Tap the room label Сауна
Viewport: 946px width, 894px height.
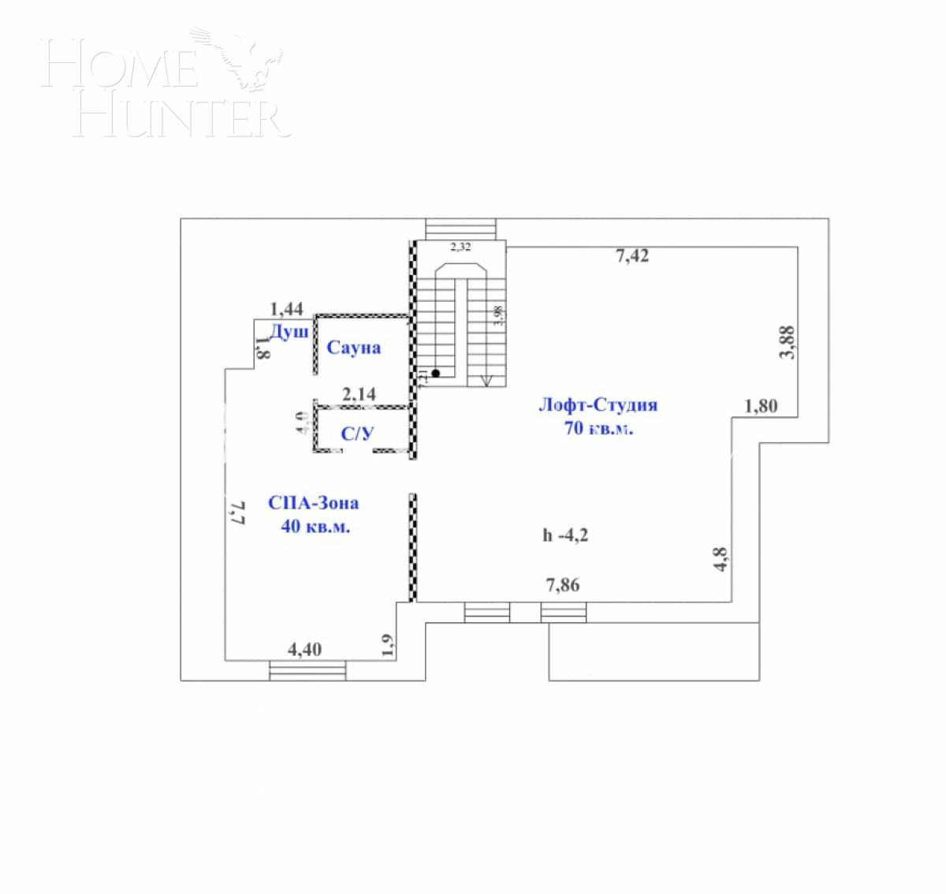coord(353,348)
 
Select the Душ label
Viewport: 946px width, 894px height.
coord(289,333)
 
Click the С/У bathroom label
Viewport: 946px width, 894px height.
coord(357,433)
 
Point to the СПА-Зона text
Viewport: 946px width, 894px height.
coord(313,503)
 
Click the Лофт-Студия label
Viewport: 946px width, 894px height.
coord(598,405)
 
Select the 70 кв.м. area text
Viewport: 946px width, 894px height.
coord(598,429)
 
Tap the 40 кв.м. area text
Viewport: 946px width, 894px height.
coord(315,527)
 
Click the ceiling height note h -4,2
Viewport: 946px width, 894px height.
coord(565,535)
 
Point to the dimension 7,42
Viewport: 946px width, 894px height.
coord(631,255)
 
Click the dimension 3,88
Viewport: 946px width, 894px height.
coord(787,343)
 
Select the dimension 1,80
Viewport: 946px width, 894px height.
coord(761,407)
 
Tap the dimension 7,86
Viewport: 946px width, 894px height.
coord(563,585)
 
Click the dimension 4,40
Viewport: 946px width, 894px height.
coord(304,650)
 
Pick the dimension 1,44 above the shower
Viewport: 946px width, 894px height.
coord(286,309)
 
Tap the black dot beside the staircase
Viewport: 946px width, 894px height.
coord(434,373)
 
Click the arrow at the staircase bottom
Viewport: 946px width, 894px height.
coord(486,380)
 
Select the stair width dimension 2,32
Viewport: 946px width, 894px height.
coord(460,248)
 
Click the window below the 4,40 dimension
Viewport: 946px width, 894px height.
coord(307,670)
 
